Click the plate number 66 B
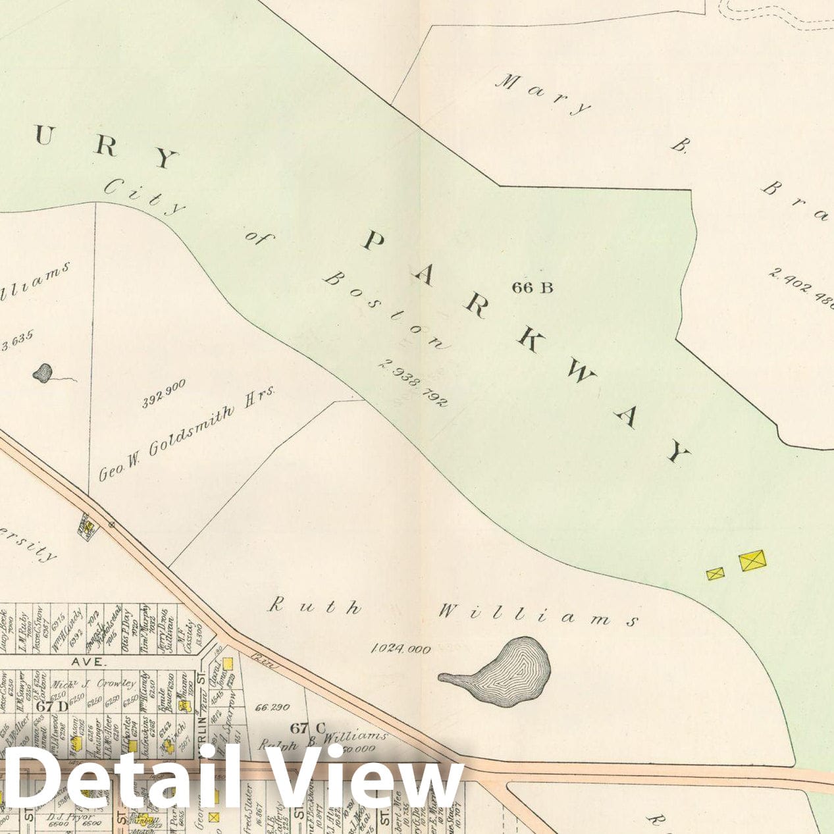coord(533,287)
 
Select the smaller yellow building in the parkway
coord(716,574)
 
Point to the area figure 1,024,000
coord(402,649)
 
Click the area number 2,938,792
coord(413,382)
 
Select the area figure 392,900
coord(164,393)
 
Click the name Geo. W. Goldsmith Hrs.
coord(186,433)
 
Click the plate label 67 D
coord(52,706)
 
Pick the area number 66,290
coord(272,708)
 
